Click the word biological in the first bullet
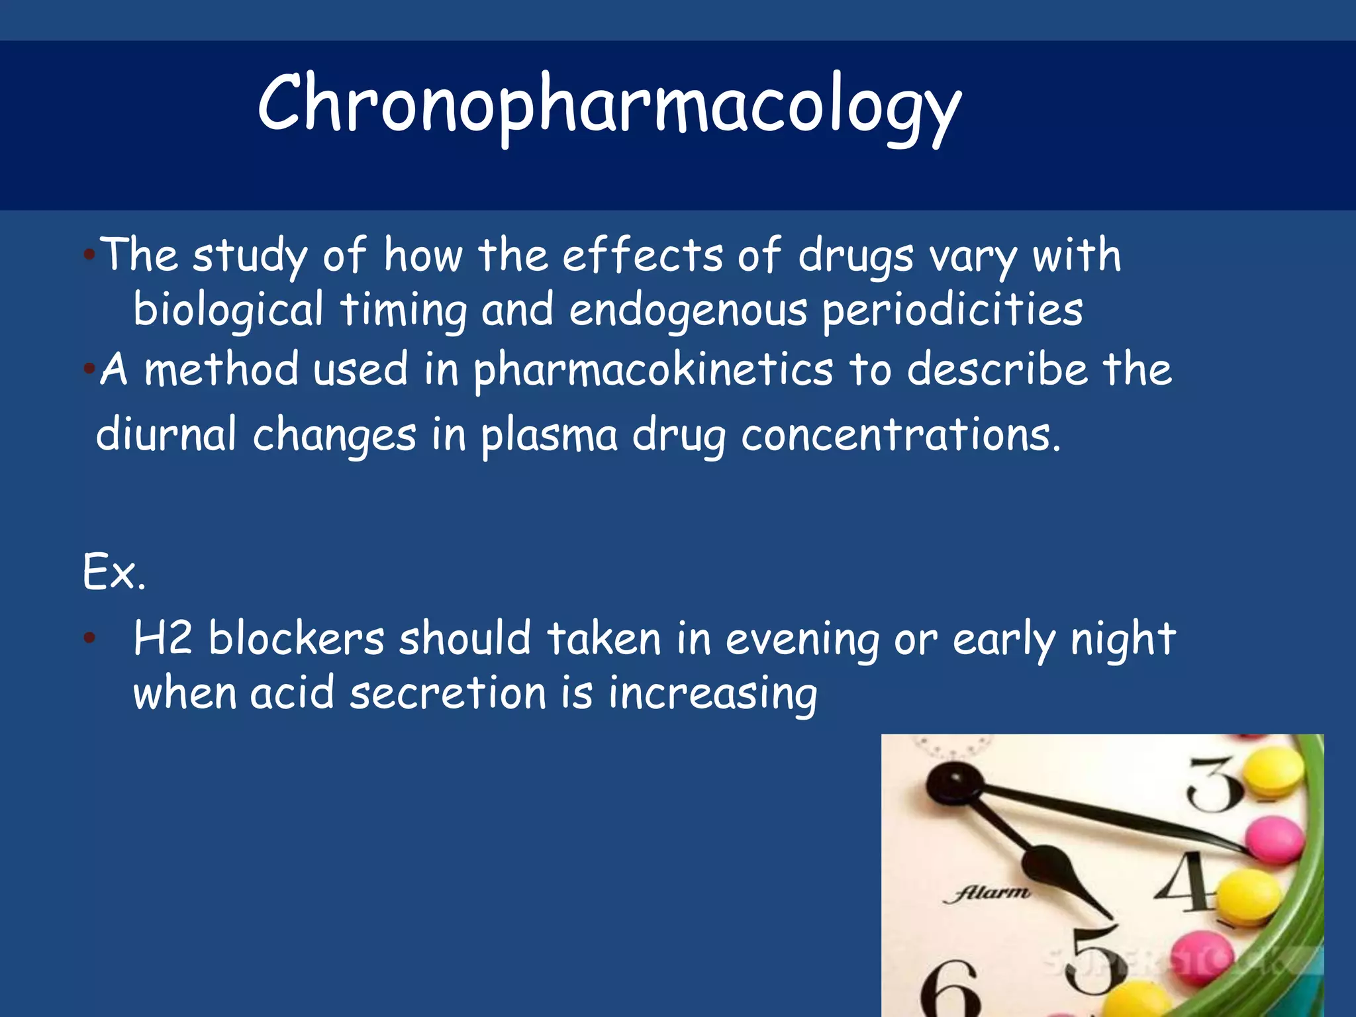(228, 310)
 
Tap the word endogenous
(689, 310)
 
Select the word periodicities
(952, 310)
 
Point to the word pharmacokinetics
(654, 369)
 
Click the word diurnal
(166, 434)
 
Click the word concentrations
(900, 434)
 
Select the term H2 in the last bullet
(163, 638)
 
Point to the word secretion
(448, 693)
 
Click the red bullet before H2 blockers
(89, 638)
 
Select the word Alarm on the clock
(987, 893)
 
